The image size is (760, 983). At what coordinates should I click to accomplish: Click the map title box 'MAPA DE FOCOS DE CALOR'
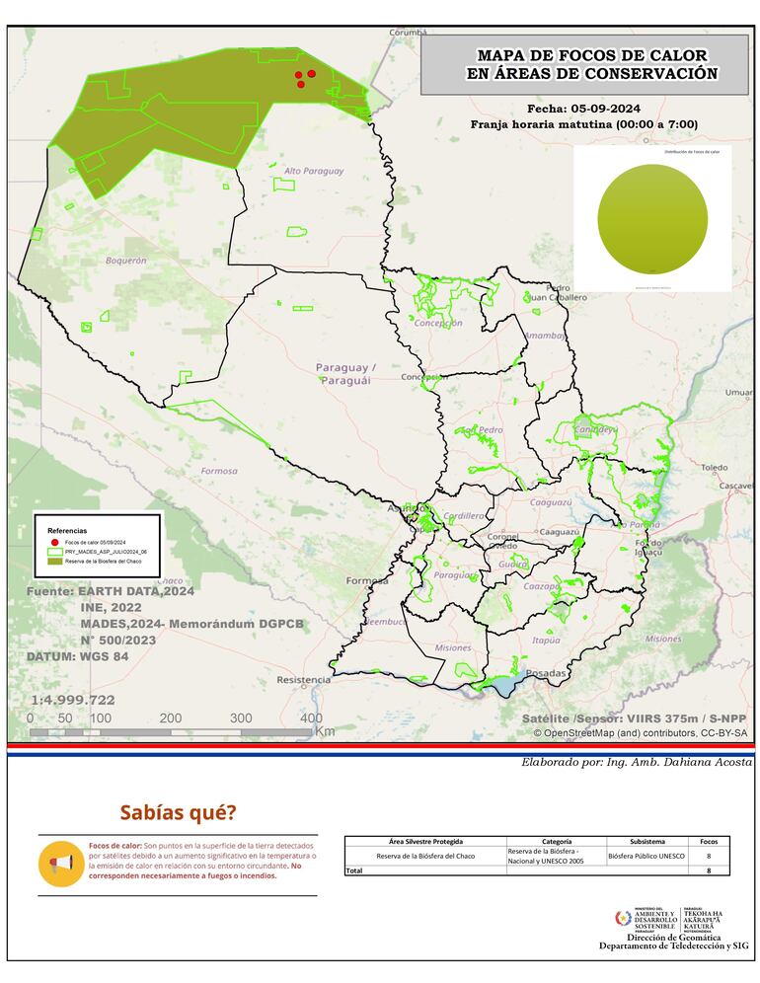pyautogui.click(x=584, y=65)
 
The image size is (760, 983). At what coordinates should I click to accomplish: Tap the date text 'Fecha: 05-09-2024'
pyautogui.click(x=584, y=108)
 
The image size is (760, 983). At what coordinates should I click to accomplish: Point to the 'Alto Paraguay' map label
pyautogui.click(x=314, y=171)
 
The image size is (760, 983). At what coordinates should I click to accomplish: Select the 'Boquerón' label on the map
pyautogui.click(x=125, y=261)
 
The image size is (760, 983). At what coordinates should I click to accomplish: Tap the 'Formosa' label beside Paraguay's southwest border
pyautogui.click(x=219, y=471)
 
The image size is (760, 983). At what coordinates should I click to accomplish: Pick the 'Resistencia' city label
pyautogui.click(x=303, y=680)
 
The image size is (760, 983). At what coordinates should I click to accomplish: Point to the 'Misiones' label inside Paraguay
pyautogui.click(x=452, y=647)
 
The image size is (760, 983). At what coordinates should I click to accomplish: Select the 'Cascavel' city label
pyautogui.click(x=735, y=487)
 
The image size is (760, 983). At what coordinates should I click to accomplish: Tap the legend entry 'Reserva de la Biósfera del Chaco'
pyautogui.click(x=106, y=561)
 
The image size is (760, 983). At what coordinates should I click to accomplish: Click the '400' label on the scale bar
pyautogui.click(x=311, y=718)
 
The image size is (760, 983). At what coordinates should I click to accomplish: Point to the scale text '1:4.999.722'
pyautogui.click(x=72, y=700)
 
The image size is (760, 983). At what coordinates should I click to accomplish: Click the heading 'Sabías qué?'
pyautogui.click(x=178, y=813)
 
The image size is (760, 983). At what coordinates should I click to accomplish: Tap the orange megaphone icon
pyautogui.click(x=61, y=865)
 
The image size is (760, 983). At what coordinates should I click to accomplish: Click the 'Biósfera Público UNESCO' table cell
pyautogui.click(x=646, y=856)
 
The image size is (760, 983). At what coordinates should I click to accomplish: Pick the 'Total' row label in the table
pyautogui.click(x=354, y=870)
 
